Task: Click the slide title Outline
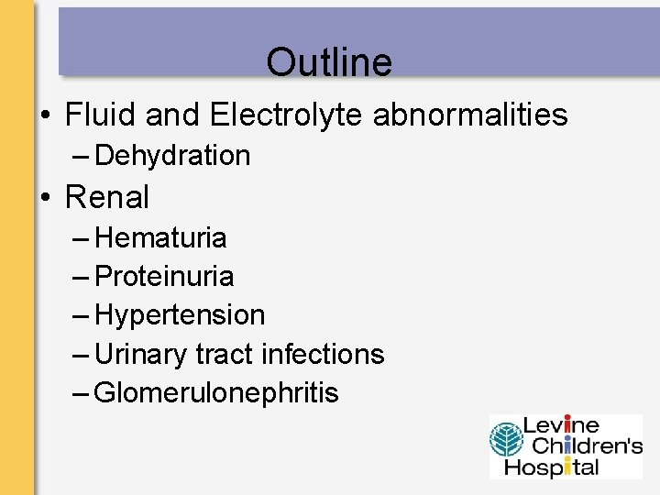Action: pos(329,62)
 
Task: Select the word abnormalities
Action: pos(470,115)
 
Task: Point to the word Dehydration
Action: pos(172,156)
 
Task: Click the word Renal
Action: pos(107,196)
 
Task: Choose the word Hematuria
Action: pos(160,237)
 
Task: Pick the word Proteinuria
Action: pos(164,276)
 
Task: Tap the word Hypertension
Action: pos(180,314)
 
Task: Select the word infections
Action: pos(323,353)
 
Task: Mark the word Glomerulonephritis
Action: pos(216,393)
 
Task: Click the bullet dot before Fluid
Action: pos(44,116)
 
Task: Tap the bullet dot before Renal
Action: pos(44,197)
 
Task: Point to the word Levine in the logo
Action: pos(562,426)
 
